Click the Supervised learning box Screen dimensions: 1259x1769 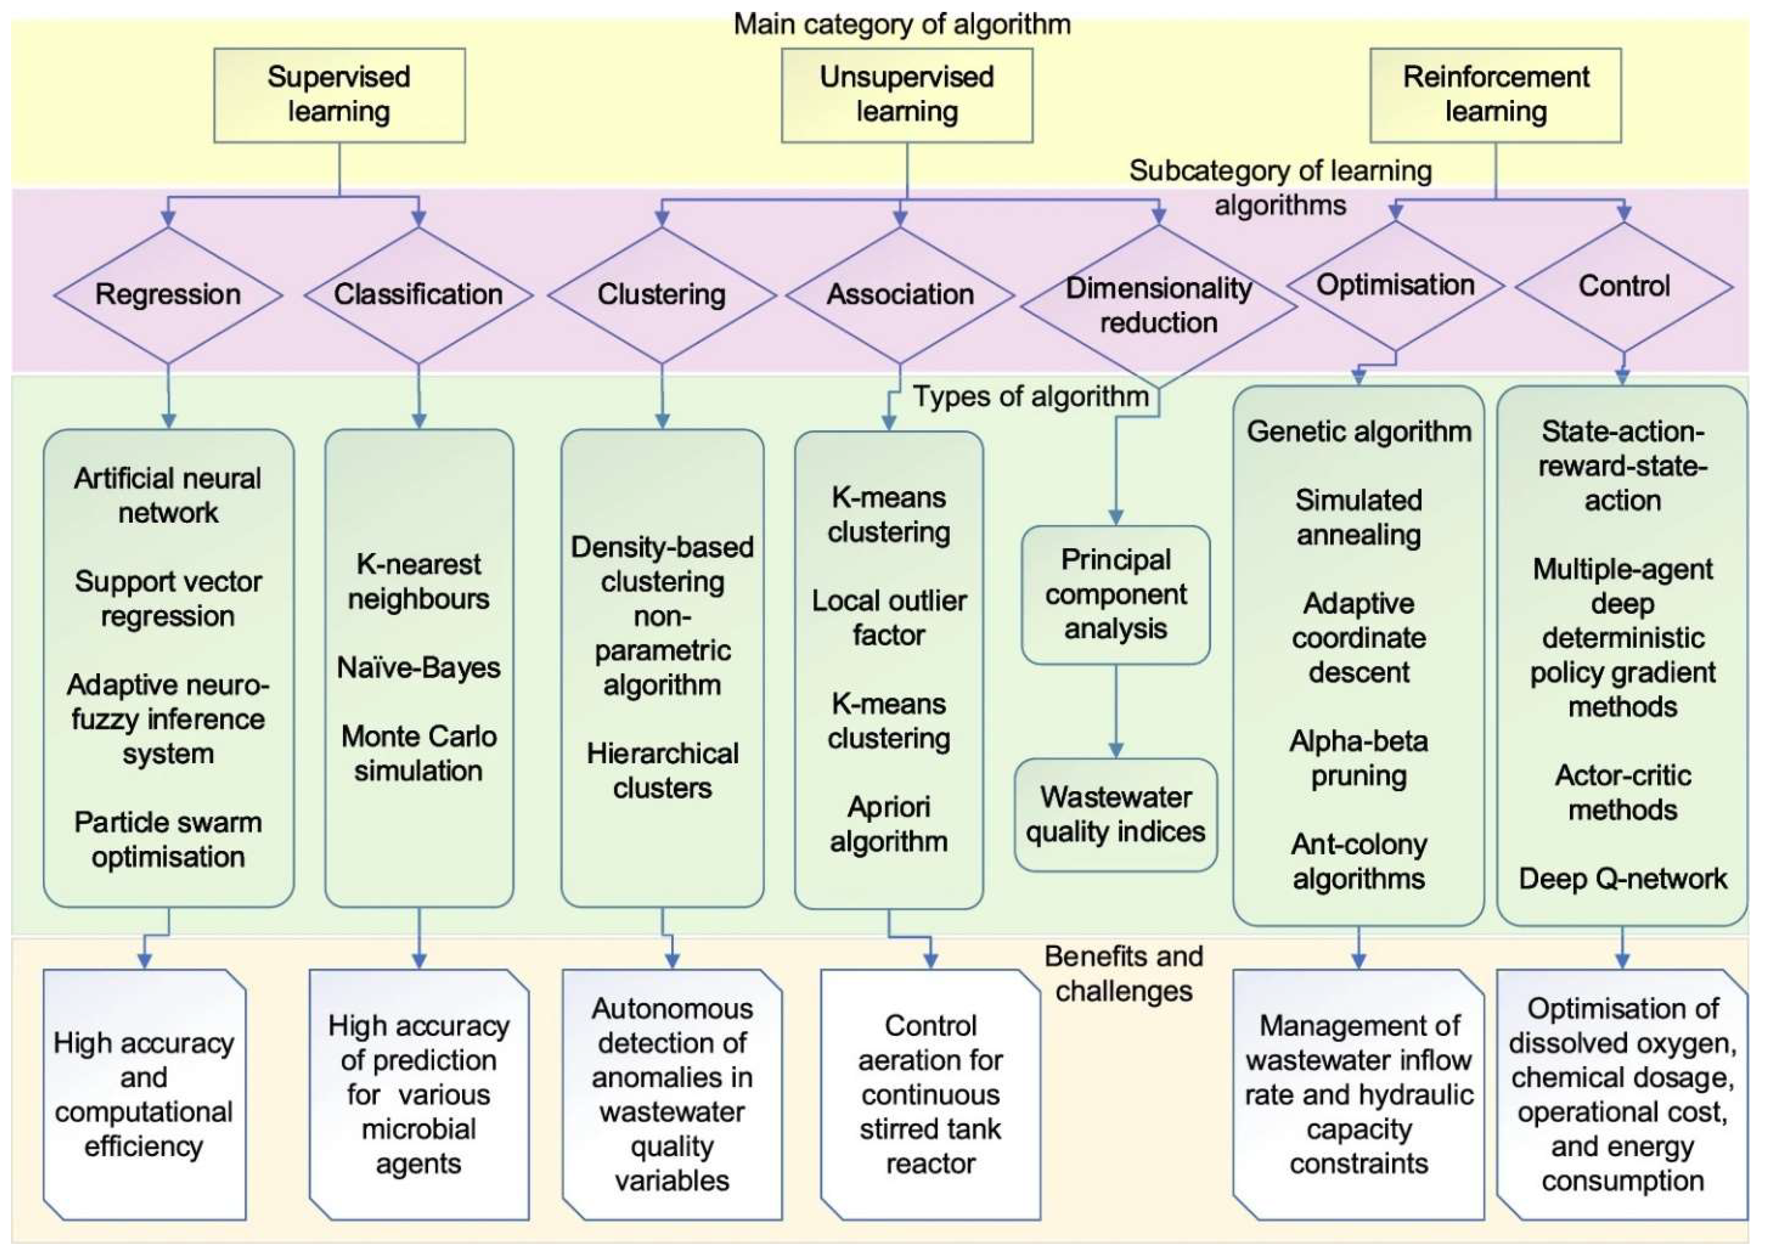[339, 95]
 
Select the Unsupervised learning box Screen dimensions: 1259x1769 [907, 95]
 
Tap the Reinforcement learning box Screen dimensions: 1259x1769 [1495, 95]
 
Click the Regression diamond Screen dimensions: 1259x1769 [168, 295]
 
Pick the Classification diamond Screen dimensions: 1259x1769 [418, 295]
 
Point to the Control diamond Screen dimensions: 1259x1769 [1623, 286]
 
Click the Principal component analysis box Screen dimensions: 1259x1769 [1115, 594]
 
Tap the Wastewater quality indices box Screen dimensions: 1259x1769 [1115, 815]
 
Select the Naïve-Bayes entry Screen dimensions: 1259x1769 [418, 668]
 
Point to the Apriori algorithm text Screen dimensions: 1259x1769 [889, 824]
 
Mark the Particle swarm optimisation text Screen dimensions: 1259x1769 [168, 840]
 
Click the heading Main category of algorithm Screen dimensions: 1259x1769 [902, 25]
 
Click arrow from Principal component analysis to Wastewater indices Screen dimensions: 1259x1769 [1115, 712]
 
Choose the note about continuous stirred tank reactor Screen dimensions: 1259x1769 [930, 1094]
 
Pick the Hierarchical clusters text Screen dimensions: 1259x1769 [662, 771]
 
